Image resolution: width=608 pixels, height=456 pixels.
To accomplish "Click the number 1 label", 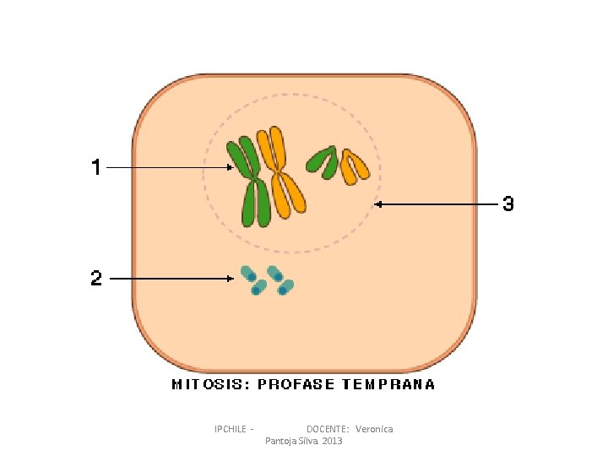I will (x=96, y=167).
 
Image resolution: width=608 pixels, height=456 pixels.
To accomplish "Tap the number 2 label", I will (x=96, y=278).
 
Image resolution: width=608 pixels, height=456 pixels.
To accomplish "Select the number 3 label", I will (x=508, y=204).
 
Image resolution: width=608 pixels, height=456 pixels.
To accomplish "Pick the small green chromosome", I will (x=322, y=160).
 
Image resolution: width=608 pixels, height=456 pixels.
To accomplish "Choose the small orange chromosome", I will (x=354, y=166).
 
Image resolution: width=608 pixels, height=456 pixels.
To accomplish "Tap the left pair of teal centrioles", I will (x=252, y=281).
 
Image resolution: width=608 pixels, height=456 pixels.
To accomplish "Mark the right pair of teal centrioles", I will (x=280, y=280).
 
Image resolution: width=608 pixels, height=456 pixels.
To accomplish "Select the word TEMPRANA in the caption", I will (x=388, y=384).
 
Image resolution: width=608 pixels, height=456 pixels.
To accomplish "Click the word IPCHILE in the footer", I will (x=231, y=429).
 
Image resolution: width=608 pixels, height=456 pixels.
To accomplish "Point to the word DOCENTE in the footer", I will (x=327, y=429).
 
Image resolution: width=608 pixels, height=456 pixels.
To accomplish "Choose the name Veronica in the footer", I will (x=374, y=429).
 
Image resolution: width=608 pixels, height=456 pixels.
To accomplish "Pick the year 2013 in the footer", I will (x=333, y=442).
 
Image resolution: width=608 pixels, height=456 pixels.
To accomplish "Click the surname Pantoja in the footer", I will (x=281, y=442).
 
